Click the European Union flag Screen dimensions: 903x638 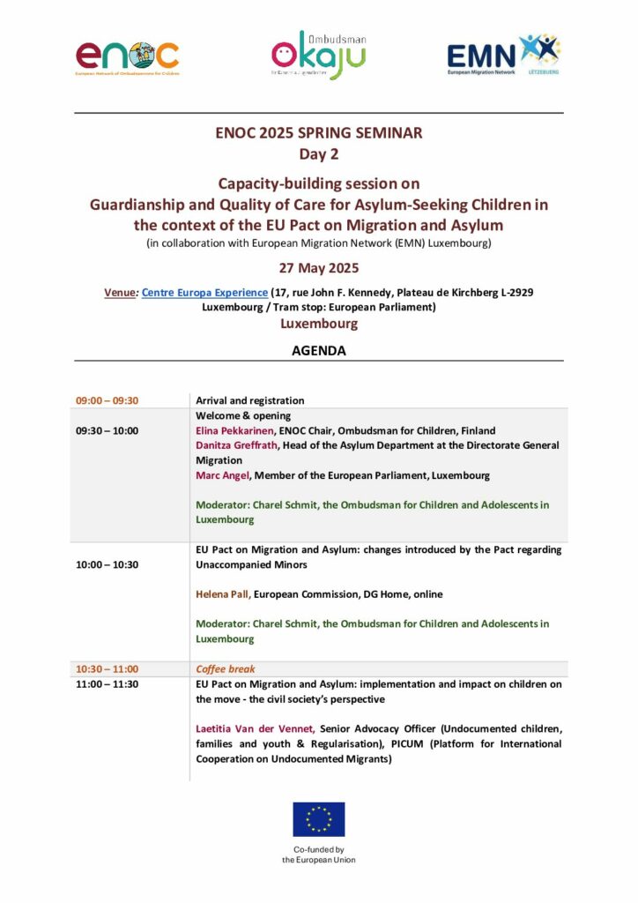tap(318, 819)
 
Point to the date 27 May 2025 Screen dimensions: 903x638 tap(318, 268)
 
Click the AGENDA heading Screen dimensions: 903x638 tap(318, 350)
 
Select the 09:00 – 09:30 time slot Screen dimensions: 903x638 tap(108, 400)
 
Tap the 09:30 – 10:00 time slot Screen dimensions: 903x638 tap(108, 430)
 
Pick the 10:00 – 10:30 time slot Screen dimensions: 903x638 tap(108, 564)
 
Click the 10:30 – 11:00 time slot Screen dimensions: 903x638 tap(108, 669)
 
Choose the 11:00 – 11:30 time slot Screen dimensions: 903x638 tap(108, 683)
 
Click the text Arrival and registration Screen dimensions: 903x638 tap(250, 400)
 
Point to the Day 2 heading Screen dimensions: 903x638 tap(318, 154)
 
